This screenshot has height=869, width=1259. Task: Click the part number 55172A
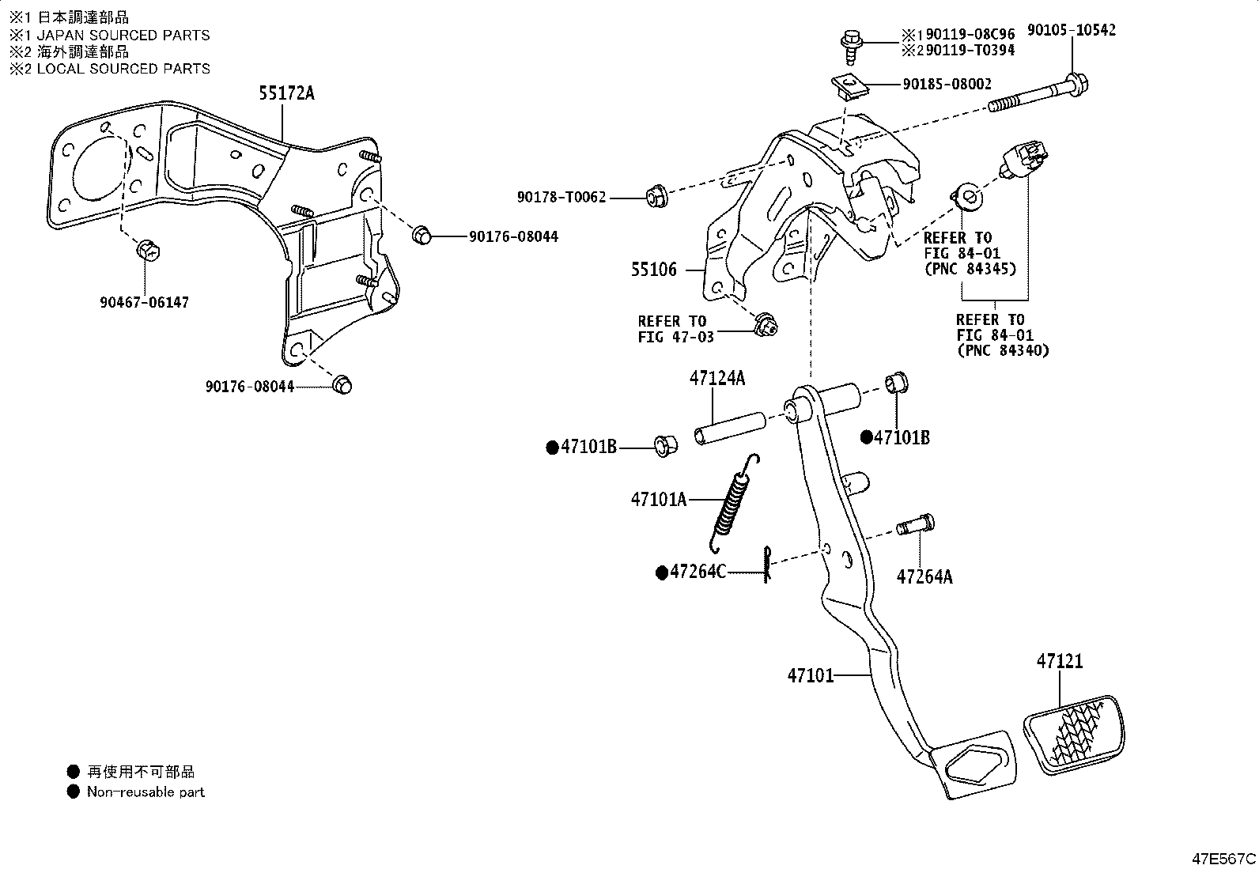285,93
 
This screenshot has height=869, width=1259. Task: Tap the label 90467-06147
145,302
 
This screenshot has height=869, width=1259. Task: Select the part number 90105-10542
1072,30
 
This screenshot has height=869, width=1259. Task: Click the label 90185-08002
947,84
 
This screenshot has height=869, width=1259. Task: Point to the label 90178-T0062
561,197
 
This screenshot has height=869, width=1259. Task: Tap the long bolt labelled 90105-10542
1036,93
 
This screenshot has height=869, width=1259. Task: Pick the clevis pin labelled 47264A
915,525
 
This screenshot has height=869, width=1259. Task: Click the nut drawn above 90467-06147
147,251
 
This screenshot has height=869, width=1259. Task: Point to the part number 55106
653,270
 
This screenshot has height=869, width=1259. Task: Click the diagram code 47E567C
1223,858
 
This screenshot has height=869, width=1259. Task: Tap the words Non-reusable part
146,792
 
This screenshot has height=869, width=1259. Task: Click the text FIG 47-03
675,337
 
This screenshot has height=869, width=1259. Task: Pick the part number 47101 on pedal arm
811,675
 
